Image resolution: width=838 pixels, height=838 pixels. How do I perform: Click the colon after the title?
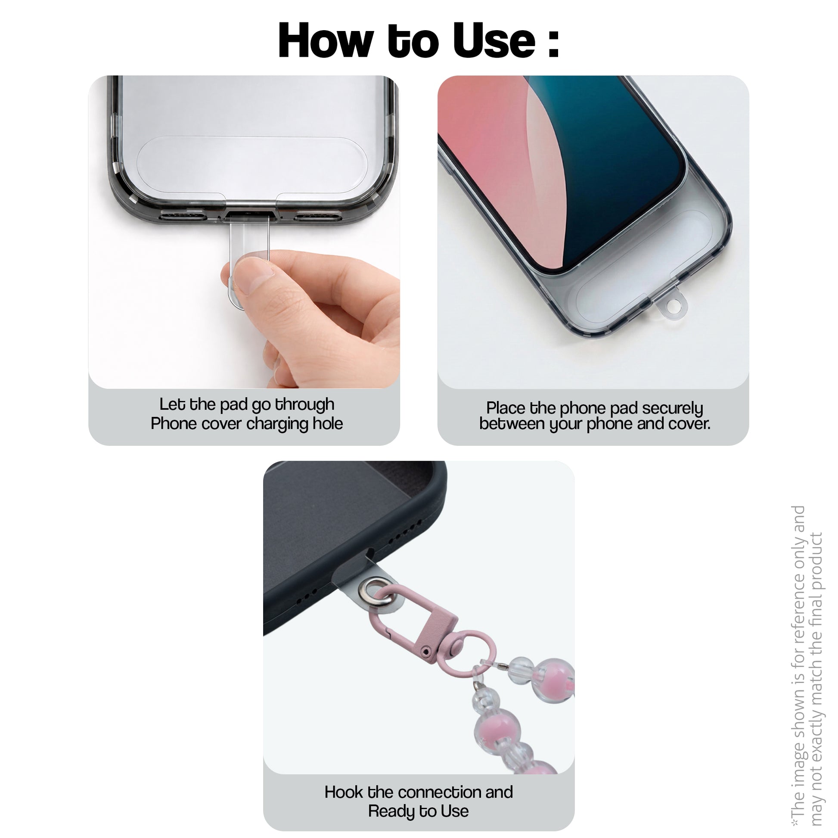pyautogui.click(x=553, y=43)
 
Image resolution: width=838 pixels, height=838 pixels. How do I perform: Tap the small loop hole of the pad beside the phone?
pyautogui.click(x=674, y=307)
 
